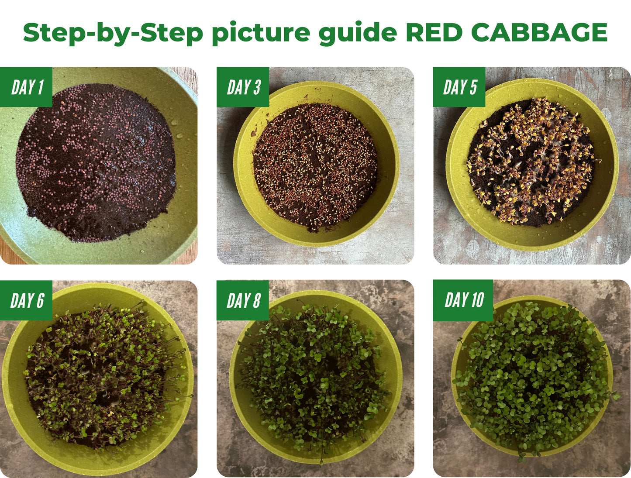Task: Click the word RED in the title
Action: pos(434,32)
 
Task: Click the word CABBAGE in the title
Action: pos(539,32)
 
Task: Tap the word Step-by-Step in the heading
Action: pos(113,32)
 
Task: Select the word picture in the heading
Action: pos(261,33)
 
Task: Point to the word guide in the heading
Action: pos(358,33)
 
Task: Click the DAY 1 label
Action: pos(27,87)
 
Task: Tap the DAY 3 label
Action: pos(243,87)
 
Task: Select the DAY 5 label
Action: pos(459,87)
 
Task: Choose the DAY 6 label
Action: pos(27,301)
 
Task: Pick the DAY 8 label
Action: pos(243,301)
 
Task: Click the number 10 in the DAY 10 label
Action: pos(477,300)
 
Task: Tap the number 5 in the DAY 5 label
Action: pos(472,87)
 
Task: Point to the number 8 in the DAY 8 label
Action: pos(256,301)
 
